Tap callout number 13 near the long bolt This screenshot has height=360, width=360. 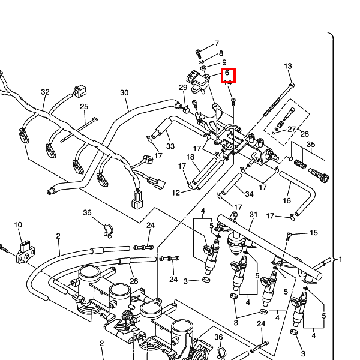click(x=287, y=66)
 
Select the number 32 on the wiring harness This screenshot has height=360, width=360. click(x=45, y=92)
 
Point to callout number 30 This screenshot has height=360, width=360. click(x=124, y=93)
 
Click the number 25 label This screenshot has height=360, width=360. click(x=85, y=107)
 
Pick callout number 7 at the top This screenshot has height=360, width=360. click(x=217, y=44)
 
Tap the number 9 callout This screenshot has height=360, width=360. click(x=224, y=62)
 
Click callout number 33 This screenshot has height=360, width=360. click(x=170, y=146)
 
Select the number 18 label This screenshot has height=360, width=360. click(x=190, y=157)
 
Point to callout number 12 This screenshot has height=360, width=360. click(x=176, y=193)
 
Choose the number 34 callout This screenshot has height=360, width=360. click(x=249, y=193)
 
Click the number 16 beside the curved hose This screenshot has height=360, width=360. click(x=287, y=200)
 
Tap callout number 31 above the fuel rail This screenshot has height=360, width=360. click(x=253, y=215)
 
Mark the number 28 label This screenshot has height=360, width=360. click(x=133, y=281)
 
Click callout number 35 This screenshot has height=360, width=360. click(x=310, y=145)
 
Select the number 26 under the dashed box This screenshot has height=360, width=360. click(x=304, y=134)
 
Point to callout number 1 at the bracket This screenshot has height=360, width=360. click(x=341, y=259)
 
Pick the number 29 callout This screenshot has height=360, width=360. click(x=183, y=88)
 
